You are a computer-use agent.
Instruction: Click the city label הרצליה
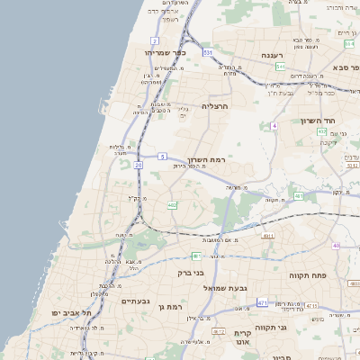click(215, 106)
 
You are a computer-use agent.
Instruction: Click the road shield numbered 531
click(207, 53)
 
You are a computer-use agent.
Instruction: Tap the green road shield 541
click(281, 67)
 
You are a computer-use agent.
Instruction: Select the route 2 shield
click(155, 40)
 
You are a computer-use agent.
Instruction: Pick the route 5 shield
click(161, 157)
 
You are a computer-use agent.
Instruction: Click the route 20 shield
click(139, 165)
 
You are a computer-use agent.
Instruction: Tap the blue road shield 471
click(262, 302)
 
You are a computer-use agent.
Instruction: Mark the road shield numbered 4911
click(268, 236)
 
